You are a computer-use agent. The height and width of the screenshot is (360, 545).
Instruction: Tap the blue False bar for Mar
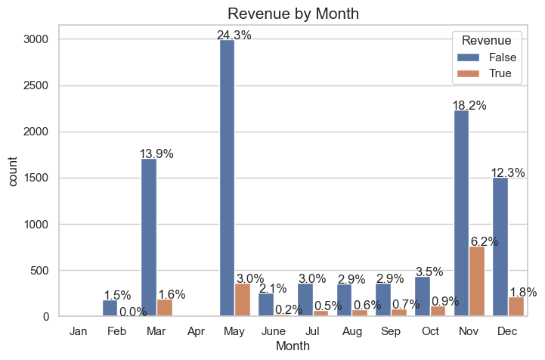pyautogui.click(x=149, y=237)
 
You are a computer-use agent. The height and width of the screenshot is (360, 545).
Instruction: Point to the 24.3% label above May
pyautogui.click(x=234, y=35)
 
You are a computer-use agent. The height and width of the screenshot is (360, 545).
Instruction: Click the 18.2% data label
pyautogui.click(x=469, y=106)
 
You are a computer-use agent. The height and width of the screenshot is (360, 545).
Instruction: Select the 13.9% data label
pyautogui.click(x=156, y=154)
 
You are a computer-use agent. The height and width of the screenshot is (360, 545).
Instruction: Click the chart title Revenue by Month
pyautogui.click(x=293, y=14)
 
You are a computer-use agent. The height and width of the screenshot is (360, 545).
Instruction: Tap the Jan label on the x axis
pyautogui.click(x=78, y=331)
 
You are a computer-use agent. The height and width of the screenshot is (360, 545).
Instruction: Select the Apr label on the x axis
pyautogui.click(x=195, y=331)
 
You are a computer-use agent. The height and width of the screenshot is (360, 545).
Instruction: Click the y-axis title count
pyautogui.click(x=13, y=178)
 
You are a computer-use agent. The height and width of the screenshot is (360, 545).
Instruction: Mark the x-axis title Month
pyautogui.click(x=293, y=346)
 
